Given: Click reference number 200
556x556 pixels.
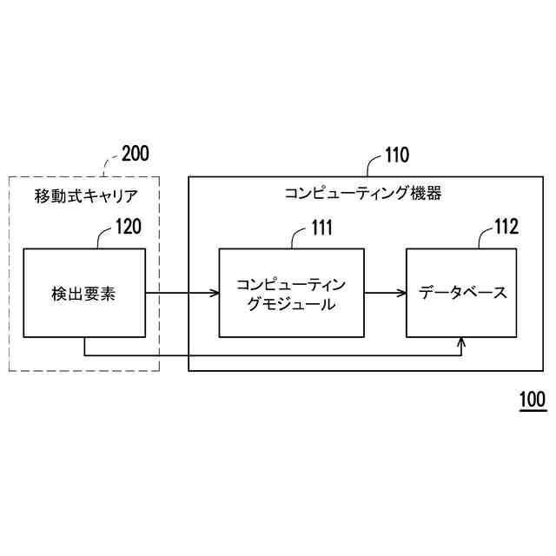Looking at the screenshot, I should (x=135, y=155).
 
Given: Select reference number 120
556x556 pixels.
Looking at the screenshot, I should (x=128, y=228).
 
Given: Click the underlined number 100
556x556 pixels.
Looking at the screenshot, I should (x=532, y=400).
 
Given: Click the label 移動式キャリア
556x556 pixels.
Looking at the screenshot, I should (x=84, y=194).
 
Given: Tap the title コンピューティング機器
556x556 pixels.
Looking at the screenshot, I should (x=363, y=194).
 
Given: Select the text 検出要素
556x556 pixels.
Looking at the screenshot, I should (x=84, y=294).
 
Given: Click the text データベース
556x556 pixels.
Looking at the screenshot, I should (x=463, y=293).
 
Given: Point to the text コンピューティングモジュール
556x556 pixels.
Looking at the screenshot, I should (x=290, y=294).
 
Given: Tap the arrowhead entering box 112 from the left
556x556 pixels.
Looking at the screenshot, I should (x=401, y=293).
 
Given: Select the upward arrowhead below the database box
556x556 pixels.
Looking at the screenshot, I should (x=461, y=343).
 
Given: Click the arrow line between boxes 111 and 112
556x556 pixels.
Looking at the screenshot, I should (x=382, y=293).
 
